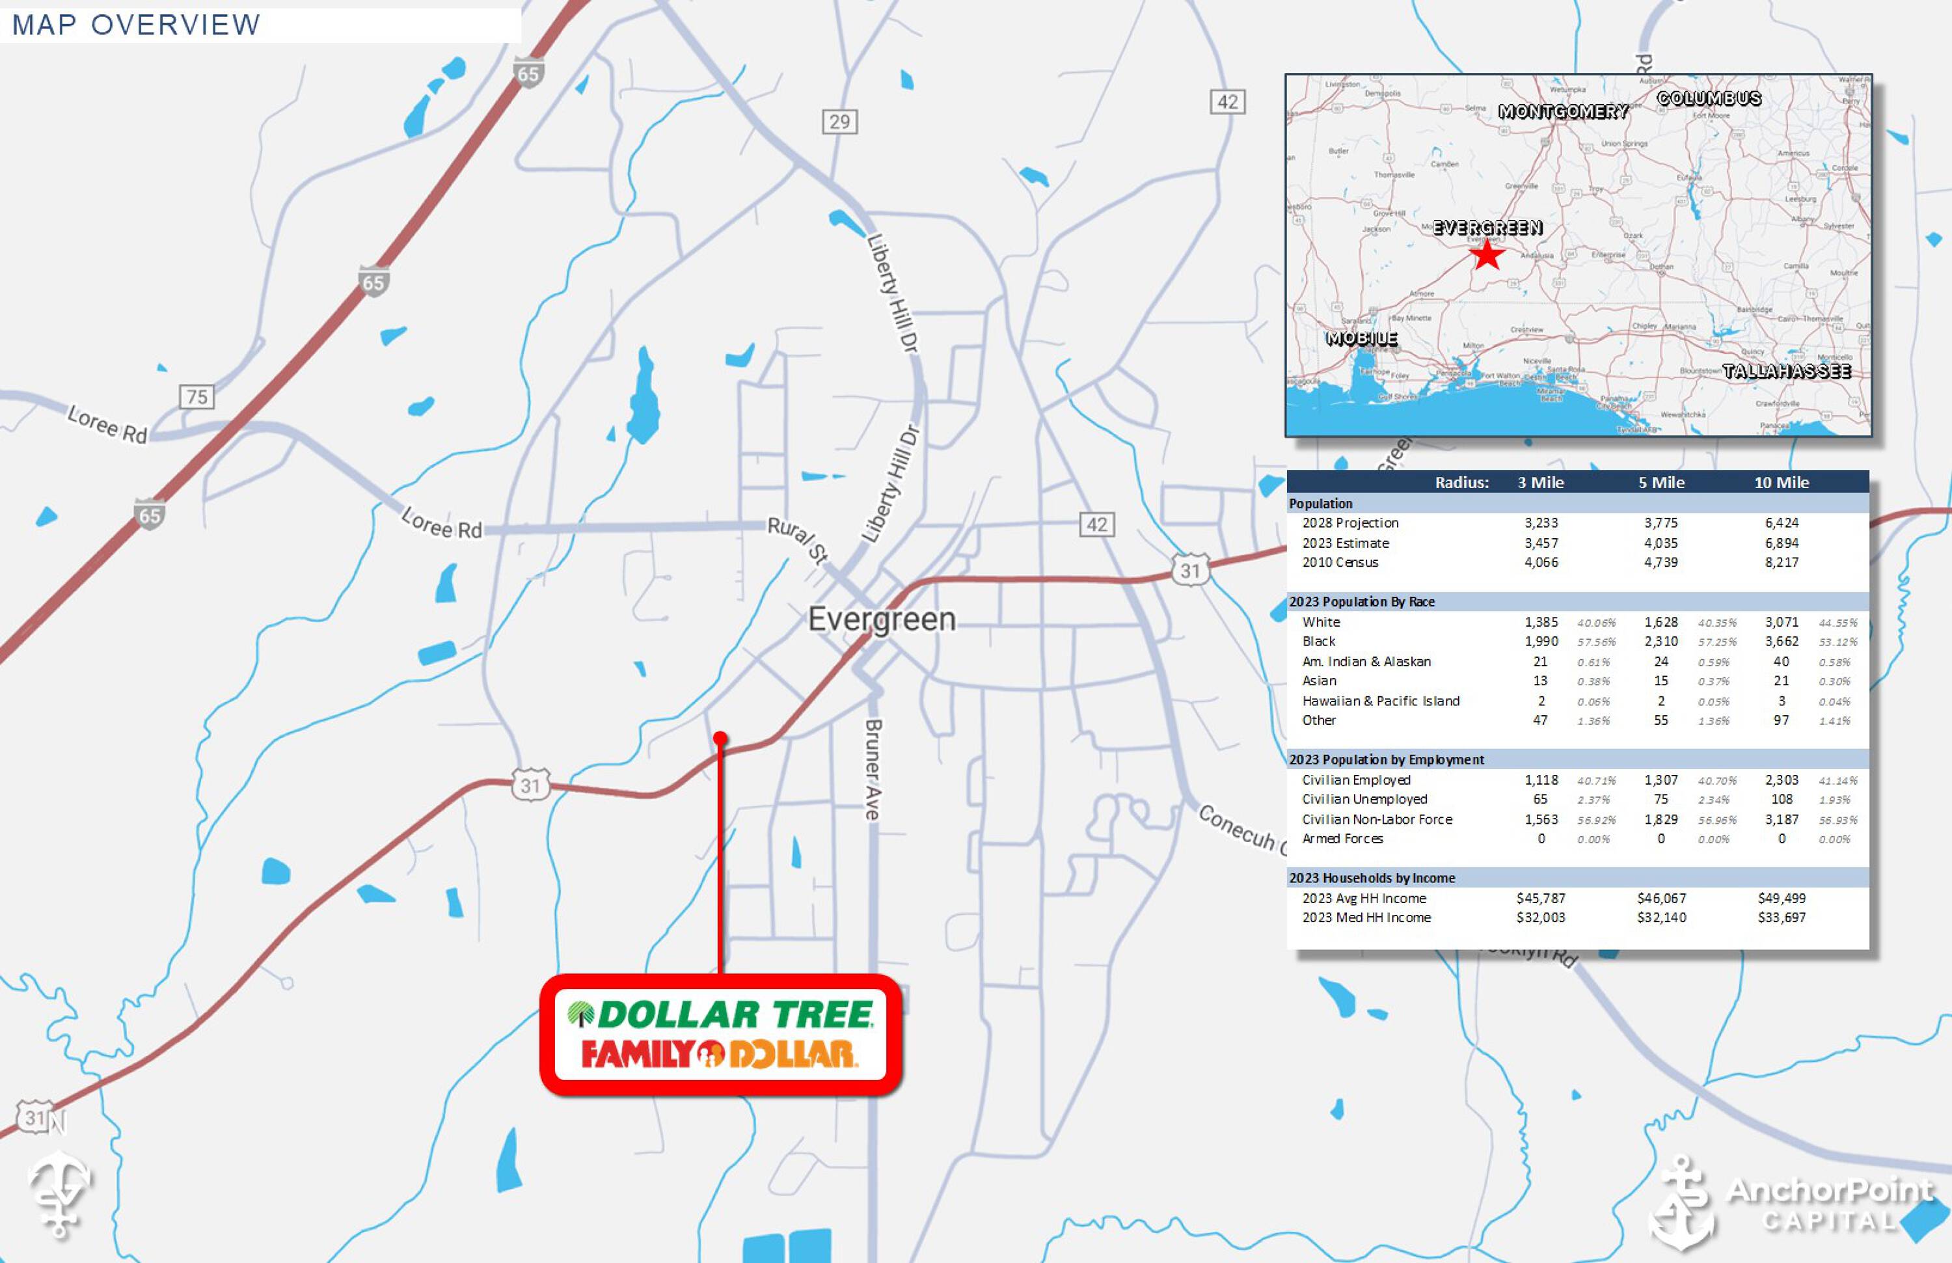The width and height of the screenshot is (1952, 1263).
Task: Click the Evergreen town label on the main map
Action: tap(882, 619)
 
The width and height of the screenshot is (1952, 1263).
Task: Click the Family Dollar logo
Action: tap(720, 1055)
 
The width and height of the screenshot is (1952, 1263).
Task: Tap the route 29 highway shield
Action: tap(840, 122)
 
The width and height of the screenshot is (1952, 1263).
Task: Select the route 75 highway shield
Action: tap(197, 397)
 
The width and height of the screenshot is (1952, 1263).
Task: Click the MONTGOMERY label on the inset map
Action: tap(1562, 111)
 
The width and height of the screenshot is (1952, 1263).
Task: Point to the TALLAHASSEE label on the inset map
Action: tap(1786, 372)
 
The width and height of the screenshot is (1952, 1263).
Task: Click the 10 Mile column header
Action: tap(1782, 482)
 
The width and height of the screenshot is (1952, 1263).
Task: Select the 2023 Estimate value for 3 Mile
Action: tap(1541, 543)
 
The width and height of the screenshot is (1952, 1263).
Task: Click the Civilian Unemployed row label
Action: tap(1364, 799)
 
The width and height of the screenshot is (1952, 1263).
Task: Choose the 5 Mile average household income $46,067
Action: tap(1662, 898)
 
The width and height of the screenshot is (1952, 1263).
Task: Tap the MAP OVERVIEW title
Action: tap(136, 25)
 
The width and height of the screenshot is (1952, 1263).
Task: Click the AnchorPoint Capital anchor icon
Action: tap(1681, 1201)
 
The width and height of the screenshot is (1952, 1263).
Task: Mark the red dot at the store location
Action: tap(720, 738)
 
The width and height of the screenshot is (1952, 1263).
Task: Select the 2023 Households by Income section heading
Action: tap(1372, 878)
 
